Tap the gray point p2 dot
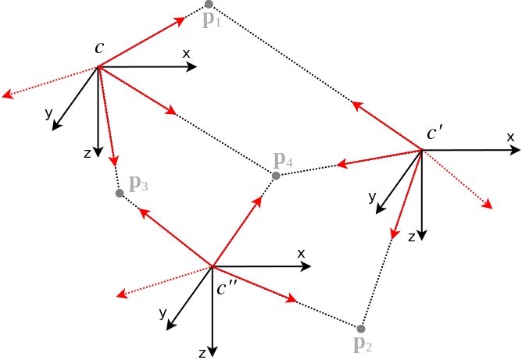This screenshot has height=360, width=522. tap(360, 329)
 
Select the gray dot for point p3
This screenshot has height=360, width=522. tap(120, 193)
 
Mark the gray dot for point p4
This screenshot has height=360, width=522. tap(276, 176)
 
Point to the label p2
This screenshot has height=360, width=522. tap(363, 344)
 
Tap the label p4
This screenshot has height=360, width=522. tap(283, 162)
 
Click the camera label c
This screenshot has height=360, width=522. tap(99, 48)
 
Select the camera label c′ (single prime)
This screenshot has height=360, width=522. tap(434, 134)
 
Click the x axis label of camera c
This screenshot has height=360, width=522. tap(186, 53)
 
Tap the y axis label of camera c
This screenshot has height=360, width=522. tap(48, 114)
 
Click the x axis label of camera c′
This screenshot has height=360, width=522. tap(510, 137)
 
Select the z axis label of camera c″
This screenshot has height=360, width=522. tap(202, 353)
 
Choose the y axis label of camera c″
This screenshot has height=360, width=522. tap(163, 314)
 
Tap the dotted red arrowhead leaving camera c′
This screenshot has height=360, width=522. tap(488, 205)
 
